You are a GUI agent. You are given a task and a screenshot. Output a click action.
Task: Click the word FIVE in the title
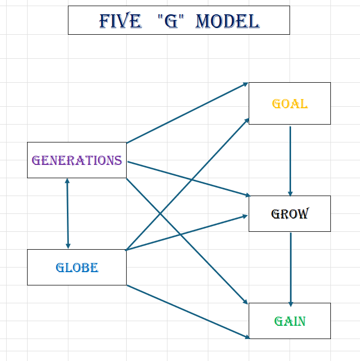tap(120, 21)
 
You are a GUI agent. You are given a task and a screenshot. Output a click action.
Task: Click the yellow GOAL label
tap(290, 104)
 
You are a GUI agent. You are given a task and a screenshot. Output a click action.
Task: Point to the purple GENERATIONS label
tap(77, 160)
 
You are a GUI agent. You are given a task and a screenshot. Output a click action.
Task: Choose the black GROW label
tap(290, 213)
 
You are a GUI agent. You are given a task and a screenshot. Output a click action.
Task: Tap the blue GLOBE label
tap(77, 268)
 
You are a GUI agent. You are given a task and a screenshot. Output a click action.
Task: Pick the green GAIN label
tap(290, 321)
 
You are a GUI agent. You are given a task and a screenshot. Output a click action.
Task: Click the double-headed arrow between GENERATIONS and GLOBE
tap(67, 213)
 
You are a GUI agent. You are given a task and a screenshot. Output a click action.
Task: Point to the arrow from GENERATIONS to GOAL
tap(187, 113)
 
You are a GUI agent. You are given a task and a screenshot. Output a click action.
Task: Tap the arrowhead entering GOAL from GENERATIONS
tap(246, 84)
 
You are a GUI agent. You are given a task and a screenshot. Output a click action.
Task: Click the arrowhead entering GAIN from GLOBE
tap(247, 336)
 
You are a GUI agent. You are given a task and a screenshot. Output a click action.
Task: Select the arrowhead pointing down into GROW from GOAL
tap(290, 194)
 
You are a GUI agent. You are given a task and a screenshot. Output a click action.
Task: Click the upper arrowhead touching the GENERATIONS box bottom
tap(67, 181)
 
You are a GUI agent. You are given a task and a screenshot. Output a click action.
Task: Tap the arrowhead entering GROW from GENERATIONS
tap(247, 195)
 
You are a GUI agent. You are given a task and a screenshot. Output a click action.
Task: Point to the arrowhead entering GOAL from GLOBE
tap(247, 120)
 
